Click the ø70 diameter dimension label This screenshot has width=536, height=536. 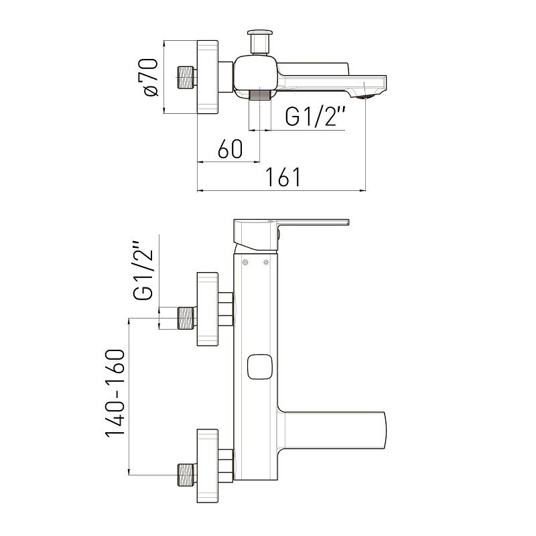pos(148,78)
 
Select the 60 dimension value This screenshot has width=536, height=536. pos(230,149)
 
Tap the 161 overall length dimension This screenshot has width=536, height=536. pos(283,177)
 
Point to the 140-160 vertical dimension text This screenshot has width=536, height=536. pos(115,393)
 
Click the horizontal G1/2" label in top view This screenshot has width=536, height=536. pos(316,116)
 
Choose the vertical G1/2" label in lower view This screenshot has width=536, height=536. pos(143,271)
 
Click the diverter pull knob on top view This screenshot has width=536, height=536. pos(260,42)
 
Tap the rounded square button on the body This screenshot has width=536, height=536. pos(260,366)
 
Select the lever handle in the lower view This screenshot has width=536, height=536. pos(291,235)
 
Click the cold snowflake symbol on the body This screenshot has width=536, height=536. pos(245,263)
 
